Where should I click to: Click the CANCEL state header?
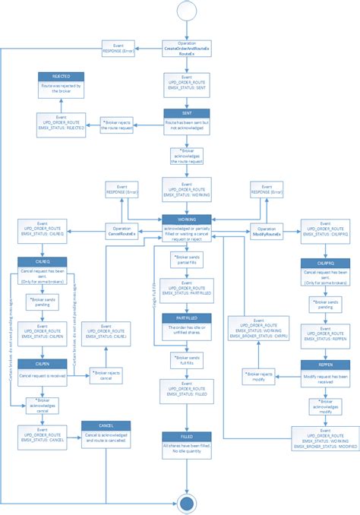106,425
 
